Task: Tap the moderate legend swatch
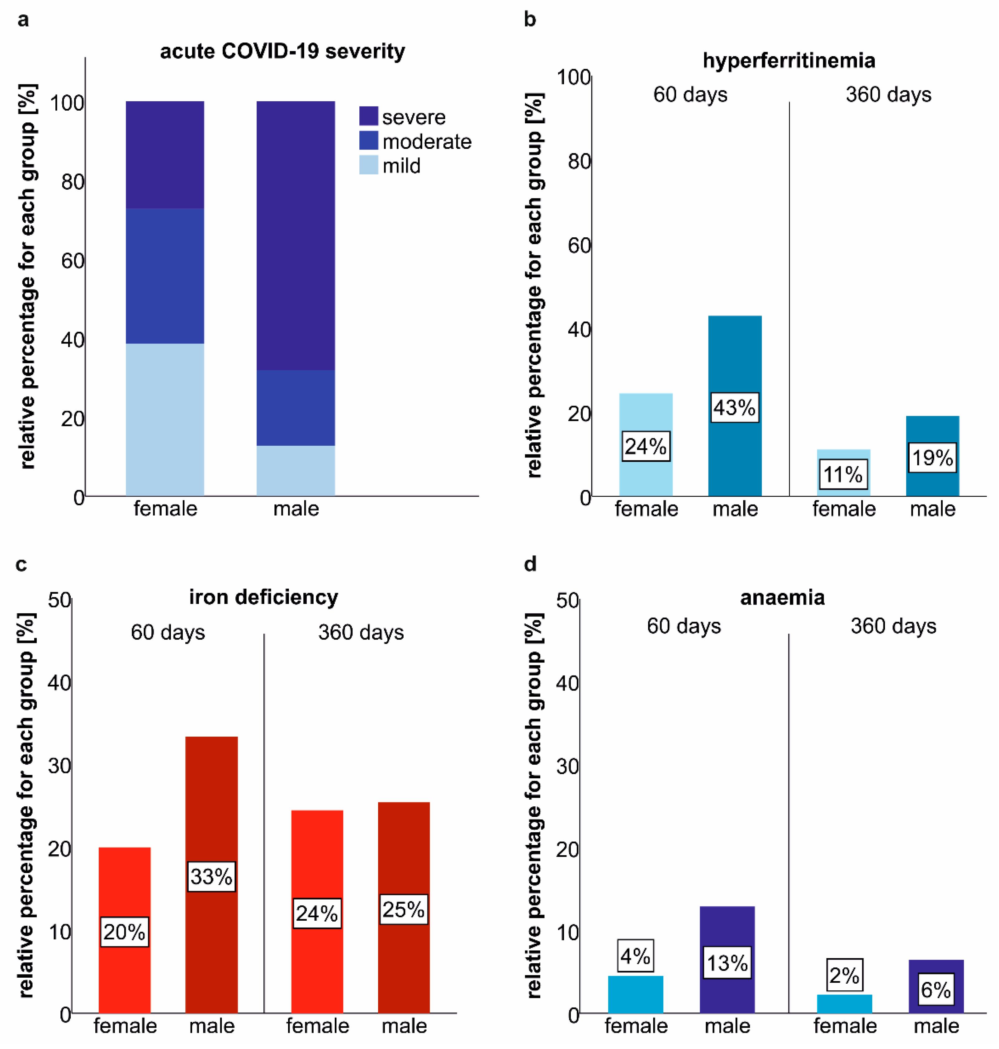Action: (368, 140)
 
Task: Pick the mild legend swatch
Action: (368, 165)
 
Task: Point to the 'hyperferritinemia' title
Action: (789, 61)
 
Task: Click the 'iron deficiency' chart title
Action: (263, 597)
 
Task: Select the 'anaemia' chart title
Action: (782, 597)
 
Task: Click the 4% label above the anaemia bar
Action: (635, 956)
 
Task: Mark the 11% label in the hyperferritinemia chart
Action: (843, 474)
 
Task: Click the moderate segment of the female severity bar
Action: (165, 276)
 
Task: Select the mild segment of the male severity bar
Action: (296, 471)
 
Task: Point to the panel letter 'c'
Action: (21, 564)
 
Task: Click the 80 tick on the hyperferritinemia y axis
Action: (579, 161)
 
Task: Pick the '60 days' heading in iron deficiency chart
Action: (168, 633)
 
